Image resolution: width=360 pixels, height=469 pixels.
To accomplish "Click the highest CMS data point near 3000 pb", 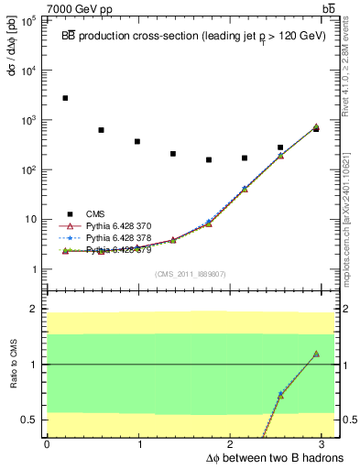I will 65,98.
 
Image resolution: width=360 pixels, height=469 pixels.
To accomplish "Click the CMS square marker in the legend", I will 65,213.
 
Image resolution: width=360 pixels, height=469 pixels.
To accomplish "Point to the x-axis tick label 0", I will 47,444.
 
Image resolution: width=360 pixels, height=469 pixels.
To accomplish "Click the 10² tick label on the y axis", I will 28,169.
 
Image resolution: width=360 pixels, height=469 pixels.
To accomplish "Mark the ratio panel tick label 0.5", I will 30,420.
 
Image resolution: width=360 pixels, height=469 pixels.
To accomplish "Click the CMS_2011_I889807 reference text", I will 190,274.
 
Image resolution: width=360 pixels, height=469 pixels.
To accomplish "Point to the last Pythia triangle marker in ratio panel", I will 316,354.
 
